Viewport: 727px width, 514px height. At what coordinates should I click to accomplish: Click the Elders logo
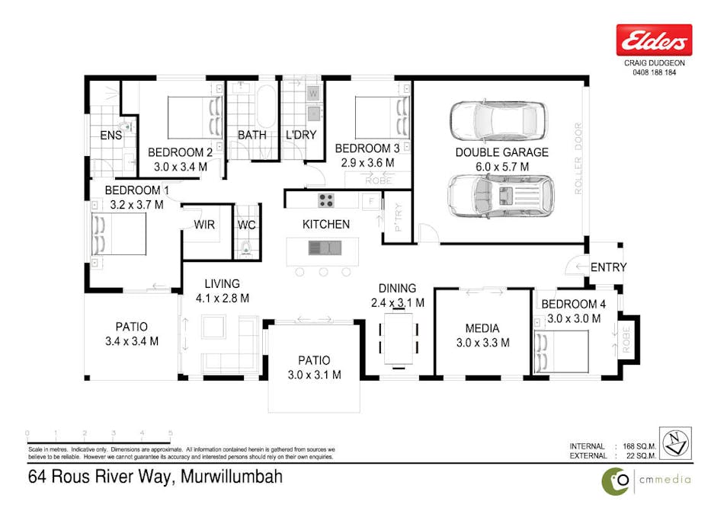tap(654, 40)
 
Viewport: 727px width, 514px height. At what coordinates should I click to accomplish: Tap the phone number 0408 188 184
tap(654, 72)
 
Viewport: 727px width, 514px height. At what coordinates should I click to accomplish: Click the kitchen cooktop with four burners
tap(326, 201)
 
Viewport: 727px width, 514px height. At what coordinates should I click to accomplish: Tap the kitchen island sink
tap(324, 247)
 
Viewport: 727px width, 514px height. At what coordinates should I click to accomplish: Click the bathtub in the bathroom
tap(266, 107)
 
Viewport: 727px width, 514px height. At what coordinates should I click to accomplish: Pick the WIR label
tap(203, 225)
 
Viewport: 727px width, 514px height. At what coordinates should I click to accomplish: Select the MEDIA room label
tap(482, 328)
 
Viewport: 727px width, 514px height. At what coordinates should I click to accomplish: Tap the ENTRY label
tap(608, 267)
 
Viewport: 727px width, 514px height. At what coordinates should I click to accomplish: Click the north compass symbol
tap(675, 442)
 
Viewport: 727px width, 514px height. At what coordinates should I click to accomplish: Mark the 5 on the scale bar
tap(170, 433)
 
